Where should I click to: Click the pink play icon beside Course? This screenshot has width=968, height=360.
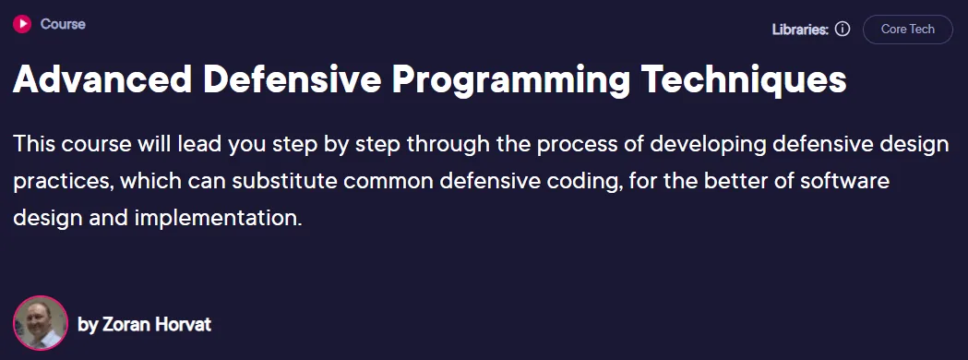click(21, 24)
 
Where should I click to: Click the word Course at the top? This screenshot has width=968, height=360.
click(63, 25)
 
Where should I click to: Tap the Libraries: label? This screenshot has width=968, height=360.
click(800, 29)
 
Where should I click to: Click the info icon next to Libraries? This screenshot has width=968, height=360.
click(843, 29)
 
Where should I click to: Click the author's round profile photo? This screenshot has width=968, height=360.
click(40, 323)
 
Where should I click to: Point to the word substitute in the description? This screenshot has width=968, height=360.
click(258, 182)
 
